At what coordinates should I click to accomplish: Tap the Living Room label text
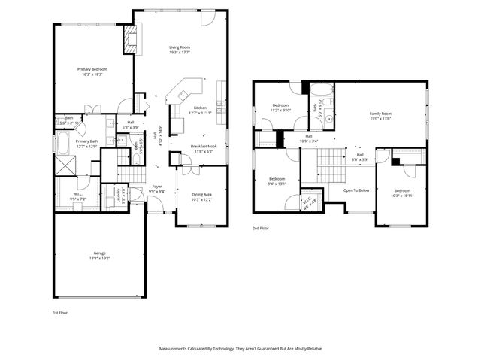pos(179,47)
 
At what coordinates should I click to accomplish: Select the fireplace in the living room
pos(130,38)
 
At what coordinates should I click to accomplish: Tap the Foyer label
pos(156,186)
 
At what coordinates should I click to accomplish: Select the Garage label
pos(99,253)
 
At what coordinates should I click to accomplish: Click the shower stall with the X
pos(65,167)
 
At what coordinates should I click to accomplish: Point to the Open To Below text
pos(355,190)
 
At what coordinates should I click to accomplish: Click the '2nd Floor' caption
pos(262,228)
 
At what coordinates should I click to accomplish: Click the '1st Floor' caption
pos(60,311)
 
